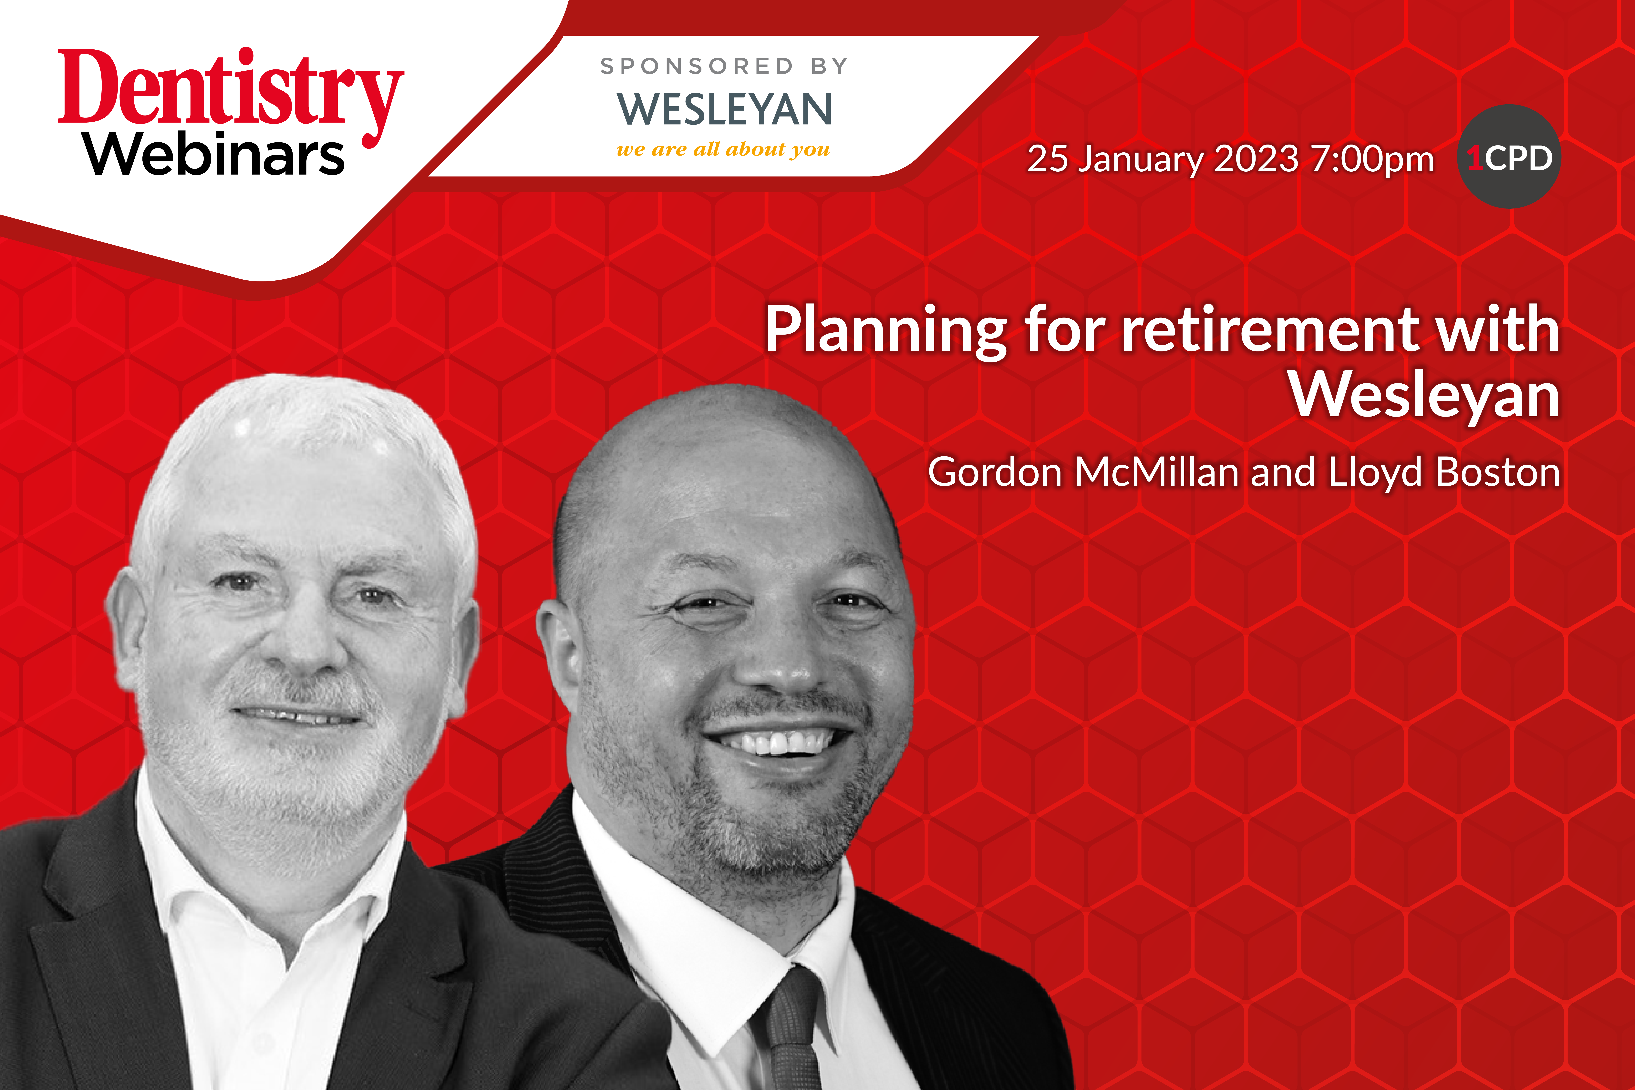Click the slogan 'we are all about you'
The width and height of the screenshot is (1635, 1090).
pos(723,149)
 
